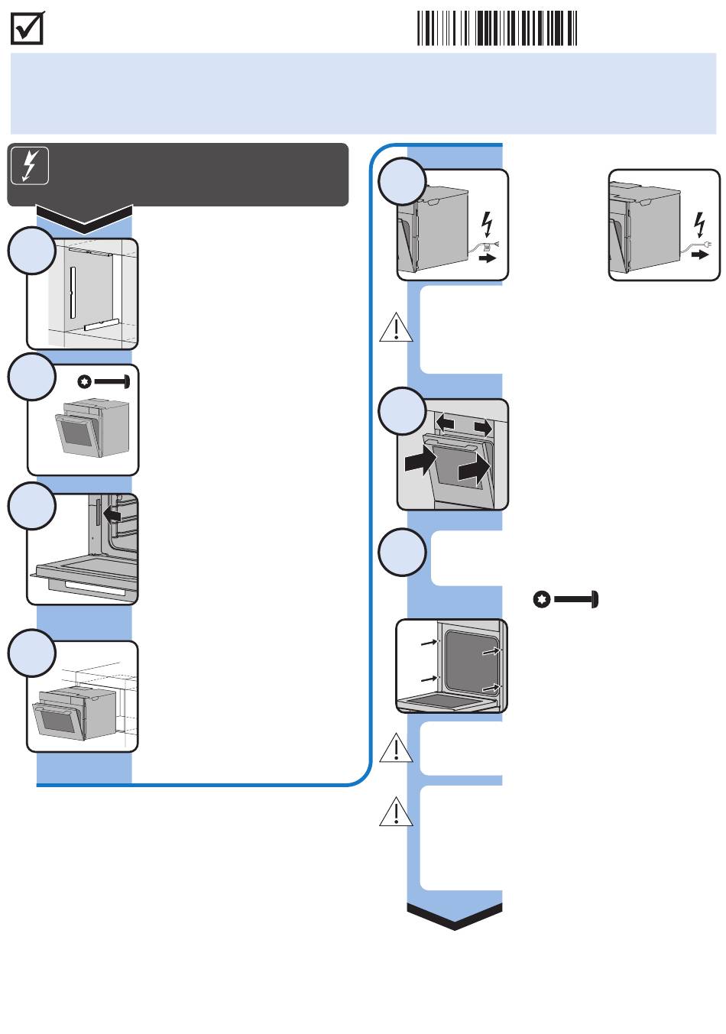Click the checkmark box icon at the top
[28, 29]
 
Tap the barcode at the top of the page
[497, 28]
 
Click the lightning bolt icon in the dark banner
[30, 165]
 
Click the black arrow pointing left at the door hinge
[112, 517]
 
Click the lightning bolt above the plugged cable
[698, 223]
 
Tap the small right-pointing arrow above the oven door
[483, 425]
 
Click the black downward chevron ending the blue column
[455, 916]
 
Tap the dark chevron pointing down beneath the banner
[85, 219]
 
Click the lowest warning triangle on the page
[396, 812]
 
